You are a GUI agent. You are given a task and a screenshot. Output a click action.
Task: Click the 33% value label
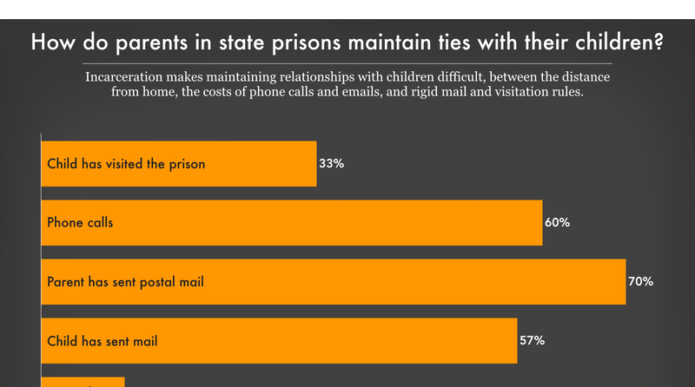(x=332, y=163)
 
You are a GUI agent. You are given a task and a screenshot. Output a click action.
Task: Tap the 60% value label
(x=557, y=222)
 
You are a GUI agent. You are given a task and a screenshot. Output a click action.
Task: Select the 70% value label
(x=640, y=281)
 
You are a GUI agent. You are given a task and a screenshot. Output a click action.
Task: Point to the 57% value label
(x=532, y=340)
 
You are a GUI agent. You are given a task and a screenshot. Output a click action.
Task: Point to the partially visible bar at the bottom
(x=83, y=382)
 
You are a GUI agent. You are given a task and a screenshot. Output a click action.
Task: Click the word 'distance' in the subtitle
(x=583, y=77)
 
